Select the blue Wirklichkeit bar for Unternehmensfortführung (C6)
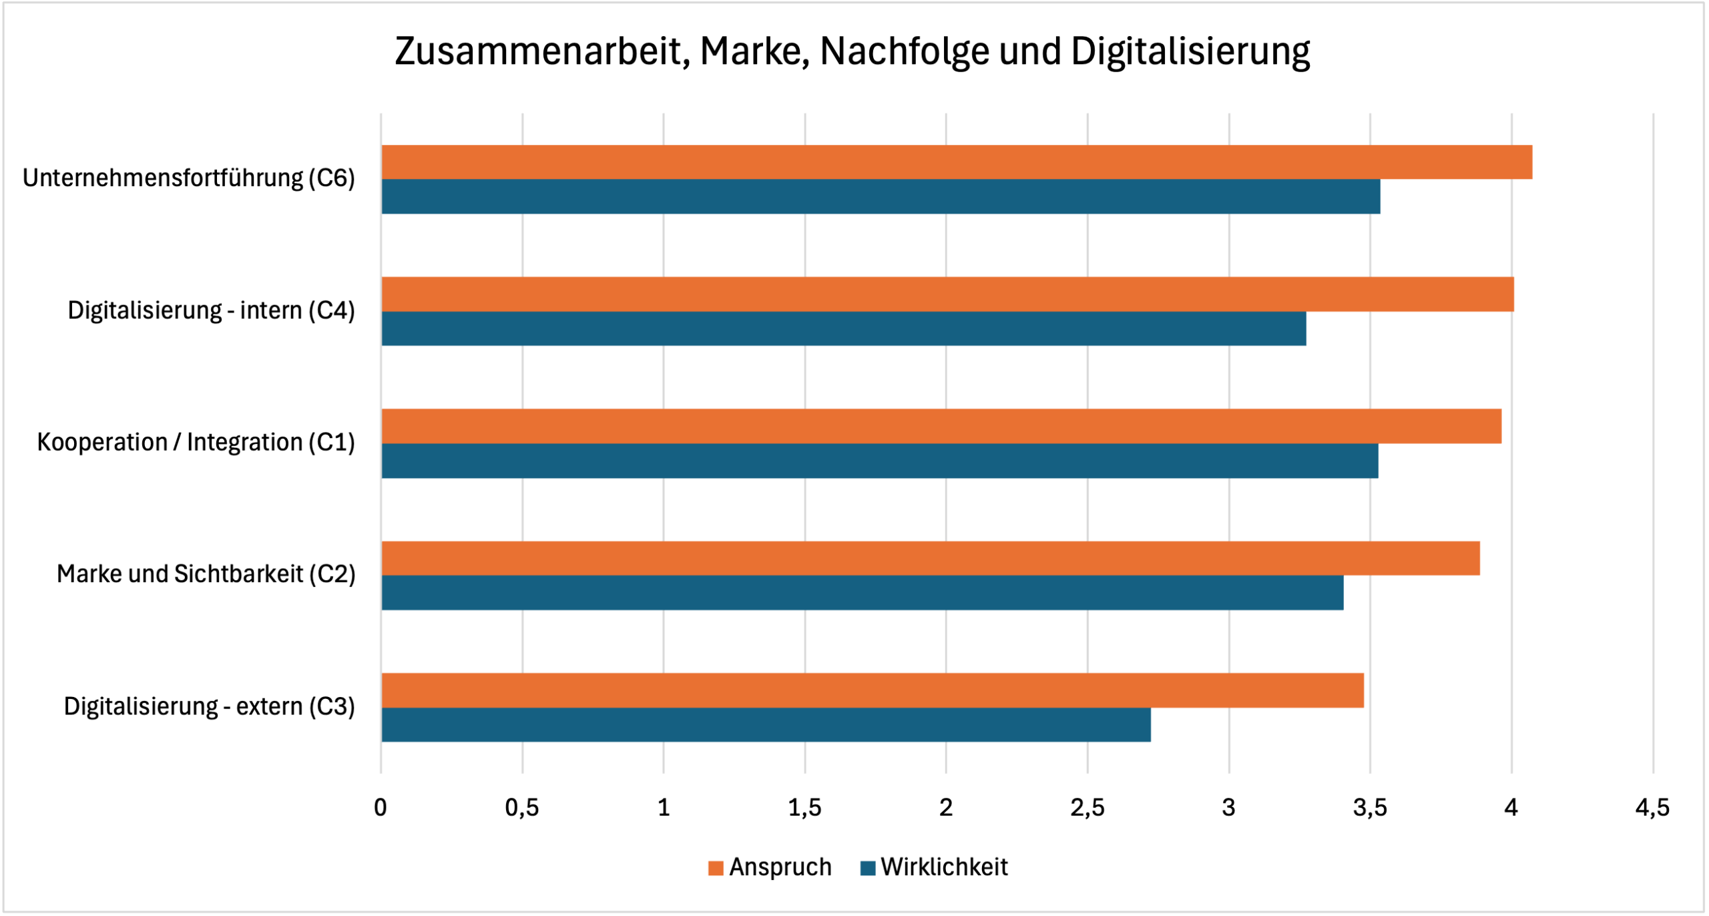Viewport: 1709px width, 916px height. pos(881,197)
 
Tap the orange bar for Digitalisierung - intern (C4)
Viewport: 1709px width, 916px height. pos(947,294)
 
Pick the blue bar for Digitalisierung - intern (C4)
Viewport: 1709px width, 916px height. pos(844,328)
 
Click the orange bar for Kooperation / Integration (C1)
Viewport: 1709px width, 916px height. pos(941,427)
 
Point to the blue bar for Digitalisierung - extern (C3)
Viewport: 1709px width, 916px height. pos(766,725)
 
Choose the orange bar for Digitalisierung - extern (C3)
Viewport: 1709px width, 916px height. pos(873,691)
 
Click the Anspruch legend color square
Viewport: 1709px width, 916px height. pos(716,868)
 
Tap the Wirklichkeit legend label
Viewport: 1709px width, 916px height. pos(944,867)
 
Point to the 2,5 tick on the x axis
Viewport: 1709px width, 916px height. pos(1087,809)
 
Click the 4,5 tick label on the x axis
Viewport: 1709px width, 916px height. pos(1652,809)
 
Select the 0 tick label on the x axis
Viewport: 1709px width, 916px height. pos(381,809)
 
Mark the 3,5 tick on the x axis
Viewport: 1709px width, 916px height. pos(1370,809)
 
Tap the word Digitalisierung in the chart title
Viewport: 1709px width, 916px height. pos(1190,51)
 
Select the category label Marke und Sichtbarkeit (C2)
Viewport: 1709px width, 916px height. pos(206,574)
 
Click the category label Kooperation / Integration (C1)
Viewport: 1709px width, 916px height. pos(196,443)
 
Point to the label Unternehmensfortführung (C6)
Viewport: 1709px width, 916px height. pos(188,178)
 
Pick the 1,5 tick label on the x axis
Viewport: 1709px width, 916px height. pos(804,809)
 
